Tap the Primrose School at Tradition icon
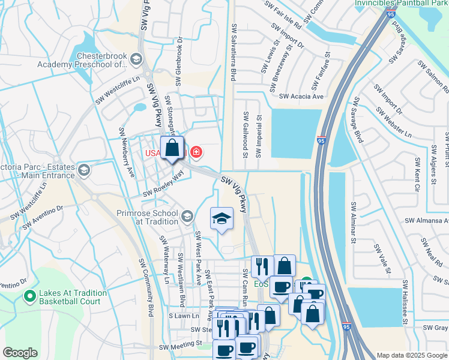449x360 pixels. (187, 215)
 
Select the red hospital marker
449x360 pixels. (196, 153)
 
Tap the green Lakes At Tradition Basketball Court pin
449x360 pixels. (29, 296)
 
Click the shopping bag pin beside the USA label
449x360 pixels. (172, 149)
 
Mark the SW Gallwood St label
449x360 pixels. (245, 134)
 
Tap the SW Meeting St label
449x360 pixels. (181, 346)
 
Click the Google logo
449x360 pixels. (20, 353)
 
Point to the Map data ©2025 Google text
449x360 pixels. (411, 355)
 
